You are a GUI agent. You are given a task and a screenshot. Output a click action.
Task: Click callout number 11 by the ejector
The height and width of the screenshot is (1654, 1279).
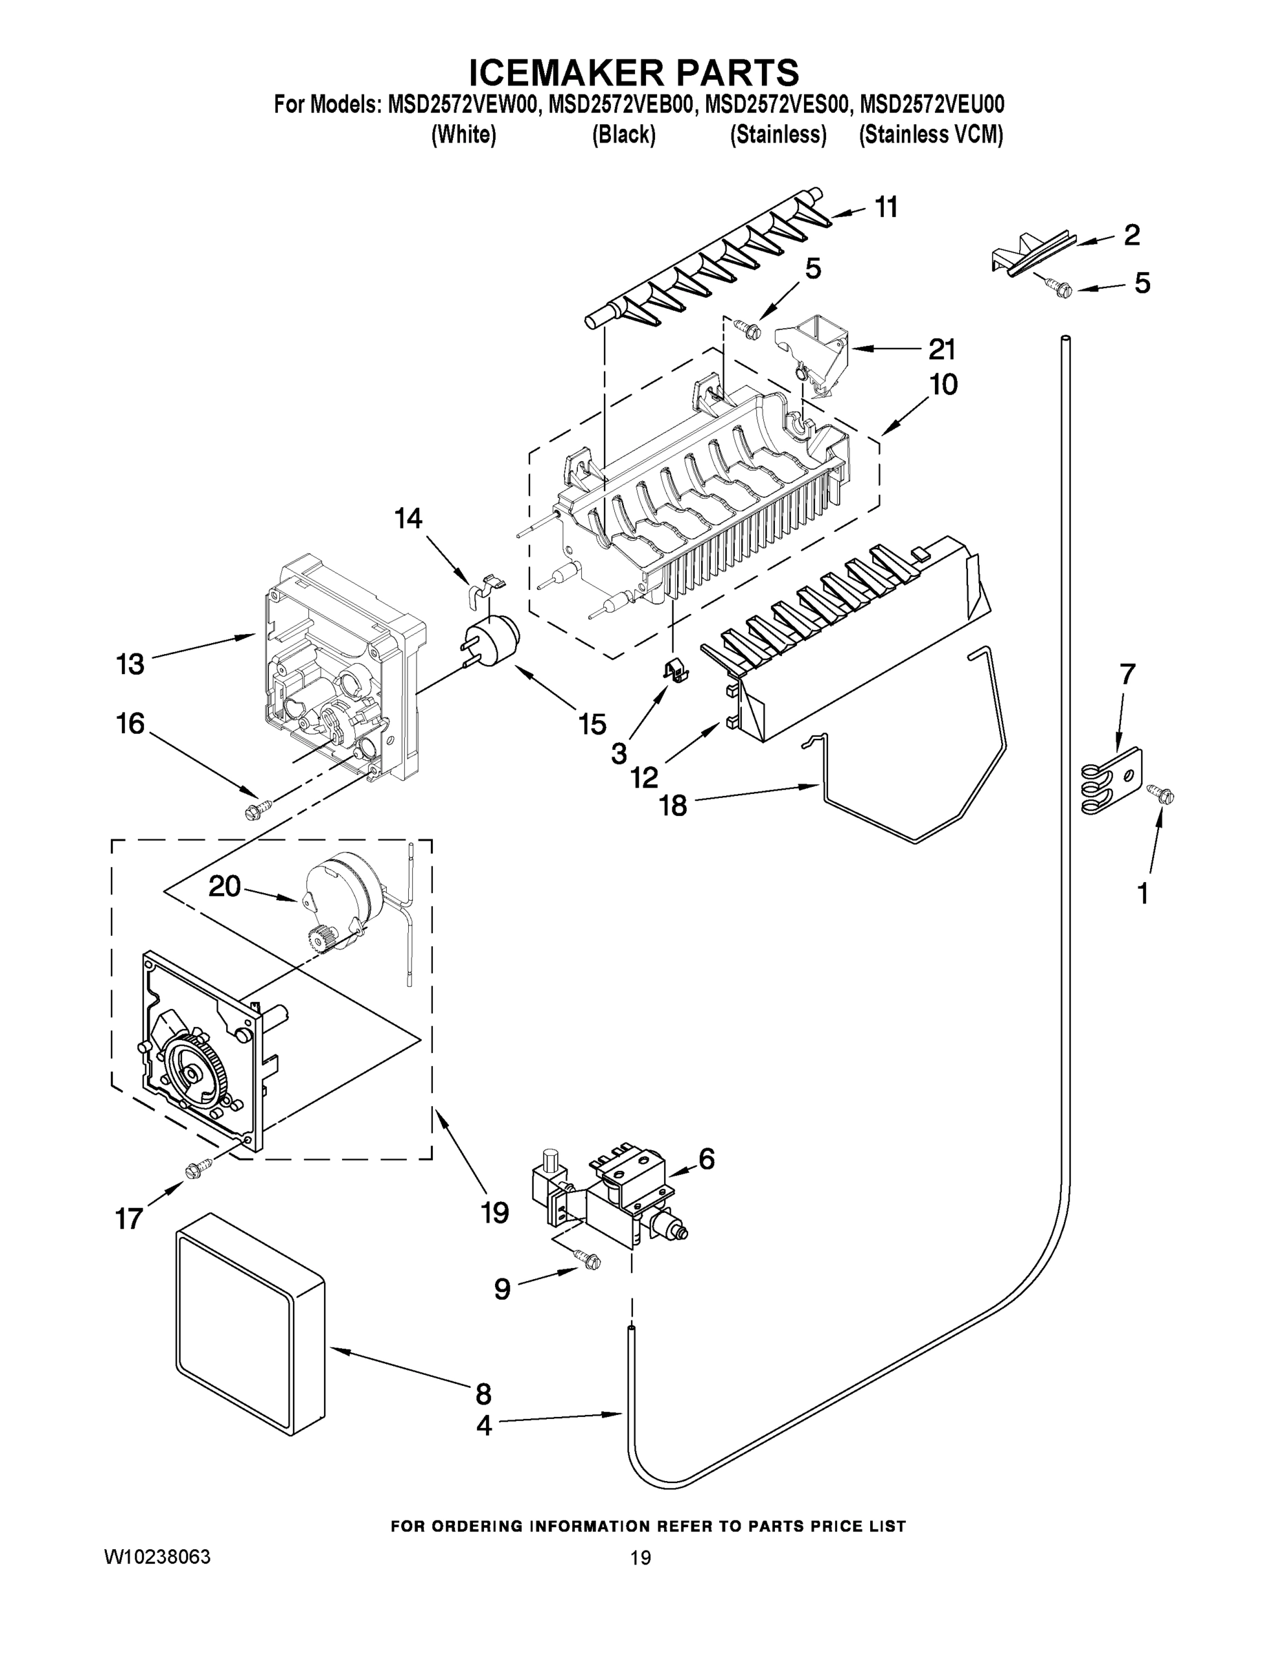[x=886, y=207]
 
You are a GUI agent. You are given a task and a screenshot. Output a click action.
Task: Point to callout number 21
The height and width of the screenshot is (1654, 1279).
[x=942, y=349]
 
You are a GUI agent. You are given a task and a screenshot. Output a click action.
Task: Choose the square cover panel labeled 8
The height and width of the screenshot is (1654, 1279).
[x=250, y=1336]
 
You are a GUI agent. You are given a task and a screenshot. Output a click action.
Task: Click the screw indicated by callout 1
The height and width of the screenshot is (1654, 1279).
[x=1162, y=794]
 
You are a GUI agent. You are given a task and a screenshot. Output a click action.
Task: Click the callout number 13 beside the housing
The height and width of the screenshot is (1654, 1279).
[x=130, y=664]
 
